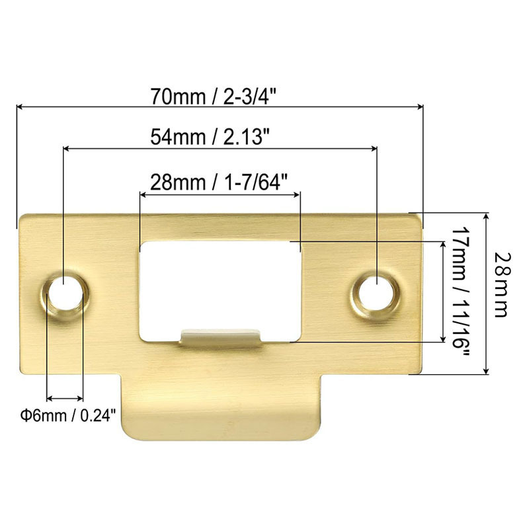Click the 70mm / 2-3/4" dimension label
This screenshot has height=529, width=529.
218,96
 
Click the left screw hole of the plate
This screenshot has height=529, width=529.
63,291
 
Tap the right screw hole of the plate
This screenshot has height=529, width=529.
375,291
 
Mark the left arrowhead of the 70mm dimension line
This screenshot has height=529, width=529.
20,106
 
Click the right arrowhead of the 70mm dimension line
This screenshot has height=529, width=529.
419,106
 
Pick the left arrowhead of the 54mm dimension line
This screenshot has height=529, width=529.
66,148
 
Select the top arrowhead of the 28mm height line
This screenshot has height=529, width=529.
487,217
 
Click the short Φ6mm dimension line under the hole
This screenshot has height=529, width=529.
65,399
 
